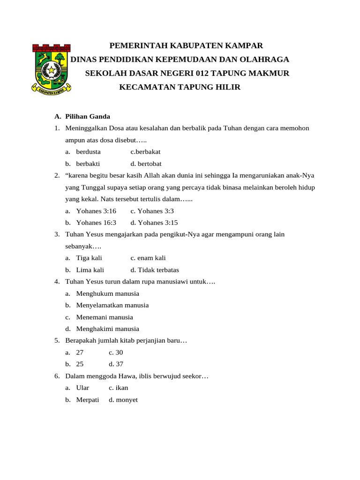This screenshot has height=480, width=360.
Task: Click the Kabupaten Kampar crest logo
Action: tap(51, 67)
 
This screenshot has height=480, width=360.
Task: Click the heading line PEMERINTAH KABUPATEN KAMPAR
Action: tap(186, 46)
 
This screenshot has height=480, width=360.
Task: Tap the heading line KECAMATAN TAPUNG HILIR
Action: tap(180, 88)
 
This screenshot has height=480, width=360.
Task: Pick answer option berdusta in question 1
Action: tap(88, 152)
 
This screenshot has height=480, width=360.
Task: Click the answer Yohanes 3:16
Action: tap(96, 211)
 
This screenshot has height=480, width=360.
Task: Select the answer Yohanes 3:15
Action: tap(154, 223)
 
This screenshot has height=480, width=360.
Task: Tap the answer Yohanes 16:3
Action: tap(96, 223)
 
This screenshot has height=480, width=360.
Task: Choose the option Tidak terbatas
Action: tap(155, 270)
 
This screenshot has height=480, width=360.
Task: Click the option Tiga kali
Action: tap(89, 258)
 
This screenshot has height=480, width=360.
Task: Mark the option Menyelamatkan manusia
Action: tap(112, 305)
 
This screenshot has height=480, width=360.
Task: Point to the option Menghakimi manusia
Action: tap(107, 329)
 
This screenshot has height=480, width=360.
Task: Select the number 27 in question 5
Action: tap(80, 352)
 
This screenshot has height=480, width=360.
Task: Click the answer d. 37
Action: tap(116, 364)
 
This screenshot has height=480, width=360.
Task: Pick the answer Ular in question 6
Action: tap(82, 388)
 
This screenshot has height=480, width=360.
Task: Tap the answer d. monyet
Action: tap(123, 400)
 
